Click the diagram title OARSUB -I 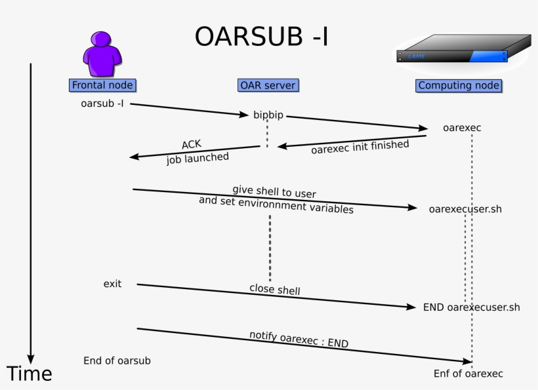tap(261, 38)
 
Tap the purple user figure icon tap(102, 54)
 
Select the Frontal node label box tap(102, 85)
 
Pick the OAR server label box tap(268, 85)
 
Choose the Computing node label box tap(459, 85)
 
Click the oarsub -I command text tap(102, 104)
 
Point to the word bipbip tap(268, 115)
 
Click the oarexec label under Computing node tap(462, 128)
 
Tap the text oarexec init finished tap(360, 147)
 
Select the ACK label tap(192, 145)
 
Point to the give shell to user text tap(274, 191)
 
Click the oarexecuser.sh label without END tap(465, 209)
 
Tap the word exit tap(112, 284)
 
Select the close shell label tap(274, 289)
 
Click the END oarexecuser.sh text tap(471, 307)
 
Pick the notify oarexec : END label tap(299, 339)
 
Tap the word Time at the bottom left tap(29, 374)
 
